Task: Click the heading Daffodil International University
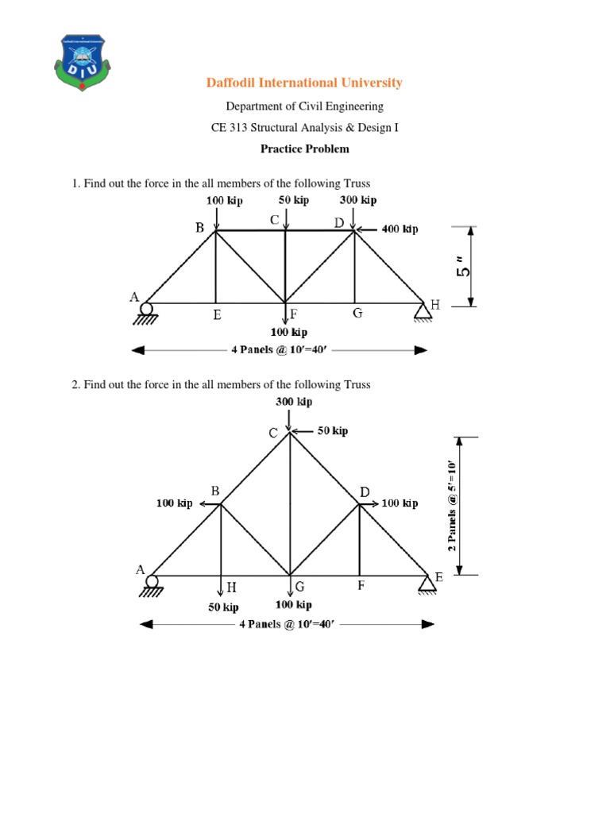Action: point(304,83)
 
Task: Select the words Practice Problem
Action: point(304,148)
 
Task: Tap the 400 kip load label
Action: point(400,229)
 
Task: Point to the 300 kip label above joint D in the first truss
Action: point(357,201)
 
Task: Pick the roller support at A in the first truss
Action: point(146,310)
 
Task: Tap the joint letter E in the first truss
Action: point(216,315)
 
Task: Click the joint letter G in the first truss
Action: point(357,314)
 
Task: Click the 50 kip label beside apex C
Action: point(332,431)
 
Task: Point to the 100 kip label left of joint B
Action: point(174,503)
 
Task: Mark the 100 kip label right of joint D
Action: point(400,503)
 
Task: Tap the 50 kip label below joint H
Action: point(223,607)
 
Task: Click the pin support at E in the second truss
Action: point(423,584)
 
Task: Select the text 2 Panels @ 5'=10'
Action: point(452,505)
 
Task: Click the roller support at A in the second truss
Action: point(152,584)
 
